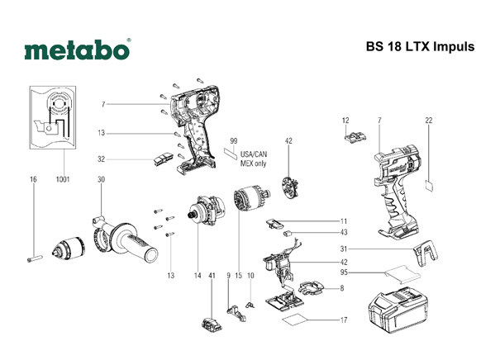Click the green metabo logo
(x=77, y=50)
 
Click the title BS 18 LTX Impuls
(x=420, y=46)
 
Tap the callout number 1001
(x=63, y=179)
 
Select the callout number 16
(x=33, y=179)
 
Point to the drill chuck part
(x=68, y=249)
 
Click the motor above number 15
(x=251, y=198)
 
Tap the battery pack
(x=398, y=310)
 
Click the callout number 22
(x=429, y=121)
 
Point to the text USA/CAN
(x=254, y=154)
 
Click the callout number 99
(x=234, y=141)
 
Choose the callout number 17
(x=344, y=320)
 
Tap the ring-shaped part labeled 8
(x=311, y=288)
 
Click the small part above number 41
(x=212, y=324)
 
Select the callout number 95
(x=344, y=272)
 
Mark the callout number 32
(x=101, y=159)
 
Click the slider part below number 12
(x=355, y=136)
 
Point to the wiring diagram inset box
(x=53, y=117)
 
